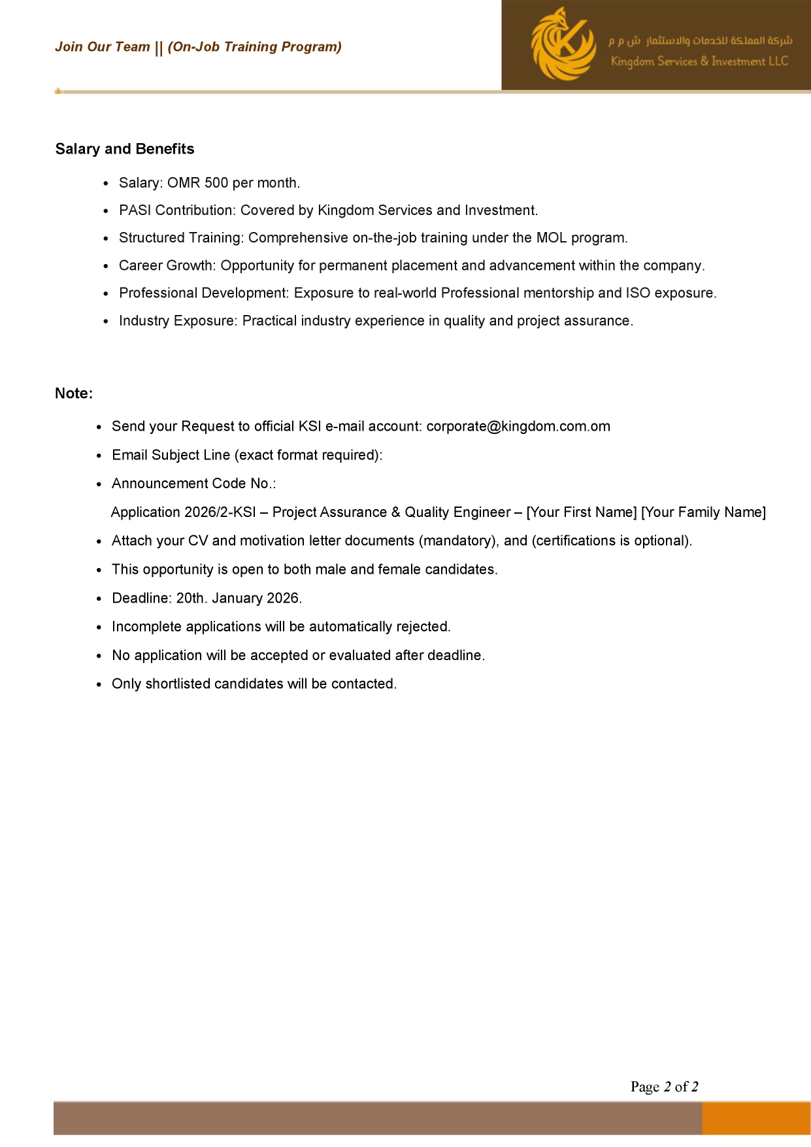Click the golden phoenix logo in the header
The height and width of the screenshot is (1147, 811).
[563, 44]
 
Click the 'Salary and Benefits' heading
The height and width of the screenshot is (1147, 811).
[125, 149]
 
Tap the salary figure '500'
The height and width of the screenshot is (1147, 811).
[216, 183]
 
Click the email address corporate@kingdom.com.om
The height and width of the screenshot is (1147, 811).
[518, 427]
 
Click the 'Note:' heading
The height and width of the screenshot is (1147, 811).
[74, 393]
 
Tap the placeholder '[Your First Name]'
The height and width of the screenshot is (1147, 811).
[582, 512]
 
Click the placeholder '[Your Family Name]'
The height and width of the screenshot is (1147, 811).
[704, 512]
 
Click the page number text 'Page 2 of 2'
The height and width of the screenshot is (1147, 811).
[664, 1087]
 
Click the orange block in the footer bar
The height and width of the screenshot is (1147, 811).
[756, 1118]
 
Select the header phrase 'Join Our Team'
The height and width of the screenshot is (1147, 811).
[103, 47]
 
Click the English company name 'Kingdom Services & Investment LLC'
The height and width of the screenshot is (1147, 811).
[699, 61]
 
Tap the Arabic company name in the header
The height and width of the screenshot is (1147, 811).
[701, 41]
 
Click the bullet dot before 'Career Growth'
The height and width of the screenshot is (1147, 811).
[107, 267]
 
